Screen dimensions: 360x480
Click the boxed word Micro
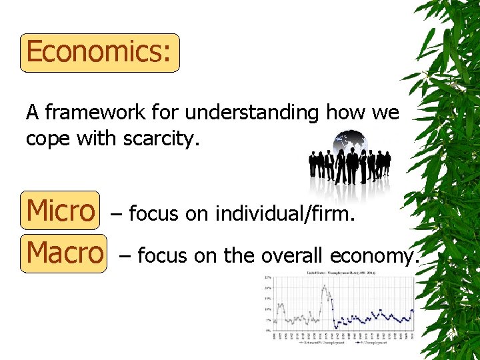tap(60, 211)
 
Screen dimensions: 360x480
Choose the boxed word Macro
tap(64, 253)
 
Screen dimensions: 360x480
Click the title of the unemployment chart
tap(341, 273)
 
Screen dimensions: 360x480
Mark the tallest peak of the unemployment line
tap(325, 287)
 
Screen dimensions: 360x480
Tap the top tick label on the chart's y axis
tap(267, 277)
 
